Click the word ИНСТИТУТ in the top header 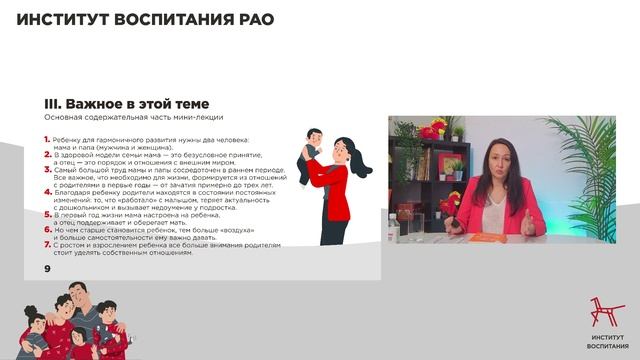tap(61, 19)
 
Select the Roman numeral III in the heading tap(54, 103)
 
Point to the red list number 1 tap(47, 138)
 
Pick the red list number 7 tap(47, 243)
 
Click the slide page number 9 tap(47, 269)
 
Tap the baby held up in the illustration tap(313, 146)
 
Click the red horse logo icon tap(601, 314)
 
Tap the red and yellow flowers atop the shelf tap(433, 128)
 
